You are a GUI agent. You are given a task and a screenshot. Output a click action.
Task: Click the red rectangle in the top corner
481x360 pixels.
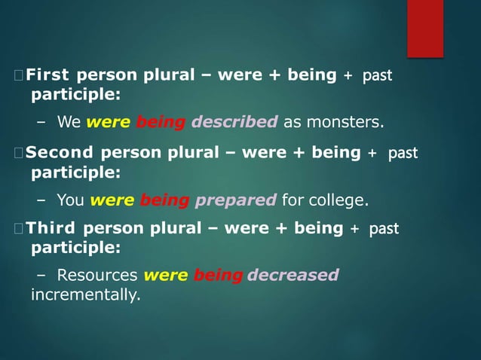pyautogui.click(x=425, y=28)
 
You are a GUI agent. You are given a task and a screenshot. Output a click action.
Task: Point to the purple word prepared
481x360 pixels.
pyautogui.click(x=236, y=200)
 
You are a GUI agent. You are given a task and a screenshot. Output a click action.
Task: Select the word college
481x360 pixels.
pyautogui.click(x=338, y=200)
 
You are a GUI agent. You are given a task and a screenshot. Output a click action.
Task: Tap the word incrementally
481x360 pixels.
pyautogui.click(x=85, y=294)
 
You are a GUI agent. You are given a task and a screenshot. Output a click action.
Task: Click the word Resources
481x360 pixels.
pyautogui.click(x=97, y=275)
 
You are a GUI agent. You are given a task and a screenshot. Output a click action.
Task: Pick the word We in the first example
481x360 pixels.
pyautogui.click(x=69, y=122)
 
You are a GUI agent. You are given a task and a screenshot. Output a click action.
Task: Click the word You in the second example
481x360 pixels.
pyautogui.click(x=71, y=200)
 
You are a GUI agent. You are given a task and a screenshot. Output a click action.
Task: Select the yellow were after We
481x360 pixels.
pyautogui.click(x=109, y=122)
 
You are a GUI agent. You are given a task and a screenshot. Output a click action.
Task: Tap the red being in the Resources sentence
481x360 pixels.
pyautogui.click(x=218, y=275)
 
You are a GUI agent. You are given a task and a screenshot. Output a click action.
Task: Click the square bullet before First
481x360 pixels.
pyautogui.click(x=18, y=75)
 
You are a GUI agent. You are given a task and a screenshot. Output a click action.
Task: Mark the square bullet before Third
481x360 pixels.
pyautogui.click(x=18, y=228)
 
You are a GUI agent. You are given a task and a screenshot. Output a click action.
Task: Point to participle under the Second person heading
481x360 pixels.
pyautogui.click(x=75, y=172)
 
